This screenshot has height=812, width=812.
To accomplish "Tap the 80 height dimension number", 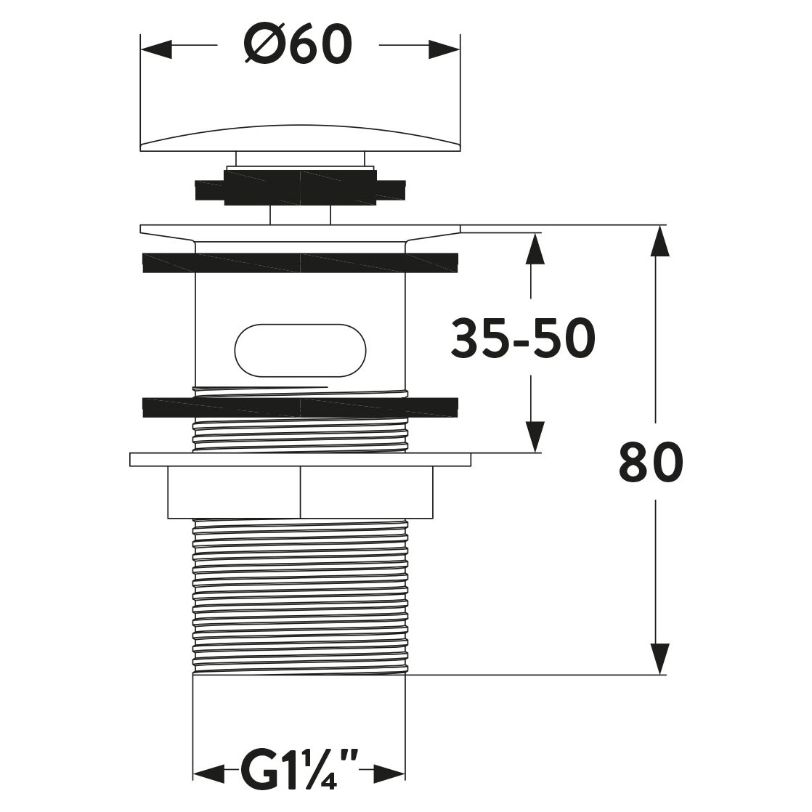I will coord(651,462).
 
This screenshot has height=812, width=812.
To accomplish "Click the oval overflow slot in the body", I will coord(299,349).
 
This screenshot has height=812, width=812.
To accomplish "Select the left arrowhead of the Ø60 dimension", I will coord(157,49).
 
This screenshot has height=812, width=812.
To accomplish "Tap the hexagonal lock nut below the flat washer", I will coord(299,492).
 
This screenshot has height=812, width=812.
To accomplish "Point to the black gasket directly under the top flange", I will coord(299,263).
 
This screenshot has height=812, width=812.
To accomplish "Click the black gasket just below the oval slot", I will coord(299,407).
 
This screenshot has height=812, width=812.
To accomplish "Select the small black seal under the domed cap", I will coord(299,185).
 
